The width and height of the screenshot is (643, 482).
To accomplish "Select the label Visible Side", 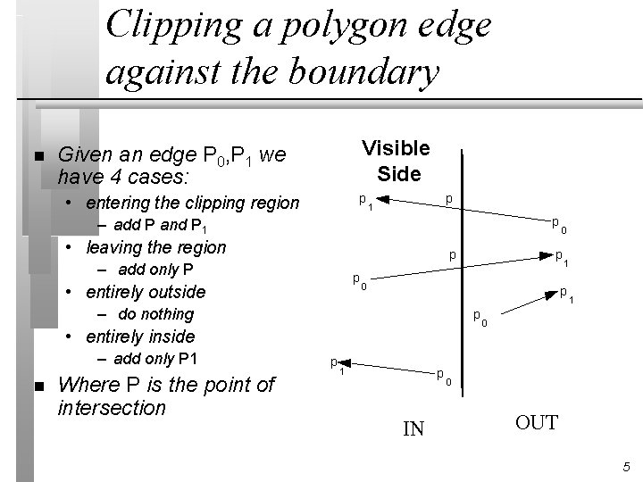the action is click(x=396, y=161).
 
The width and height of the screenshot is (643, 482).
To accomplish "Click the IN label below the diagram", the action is click(x=413, y=430).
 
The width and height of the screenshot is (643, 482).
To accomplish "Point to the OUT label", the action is click(x=537, y=421).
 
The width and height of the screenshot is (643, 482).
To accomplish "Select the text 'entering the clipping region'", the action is click(x=194, y=203).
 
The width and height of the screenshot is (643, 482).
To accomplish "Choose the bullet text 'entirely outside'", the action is click(x=145, y=292).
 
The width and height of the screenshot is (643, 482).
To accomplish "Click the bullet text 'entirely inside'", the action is click(x=140, y=337).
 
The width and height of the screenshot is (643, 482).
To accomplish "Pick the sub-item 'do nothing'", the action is click(x=155, y=314).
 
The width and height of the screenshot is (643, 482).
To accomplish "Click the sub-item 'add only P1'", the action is click(x=157, y=359).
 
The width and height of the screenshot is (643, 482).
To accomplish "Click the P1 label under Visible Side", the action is click(x=366, y=201).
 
